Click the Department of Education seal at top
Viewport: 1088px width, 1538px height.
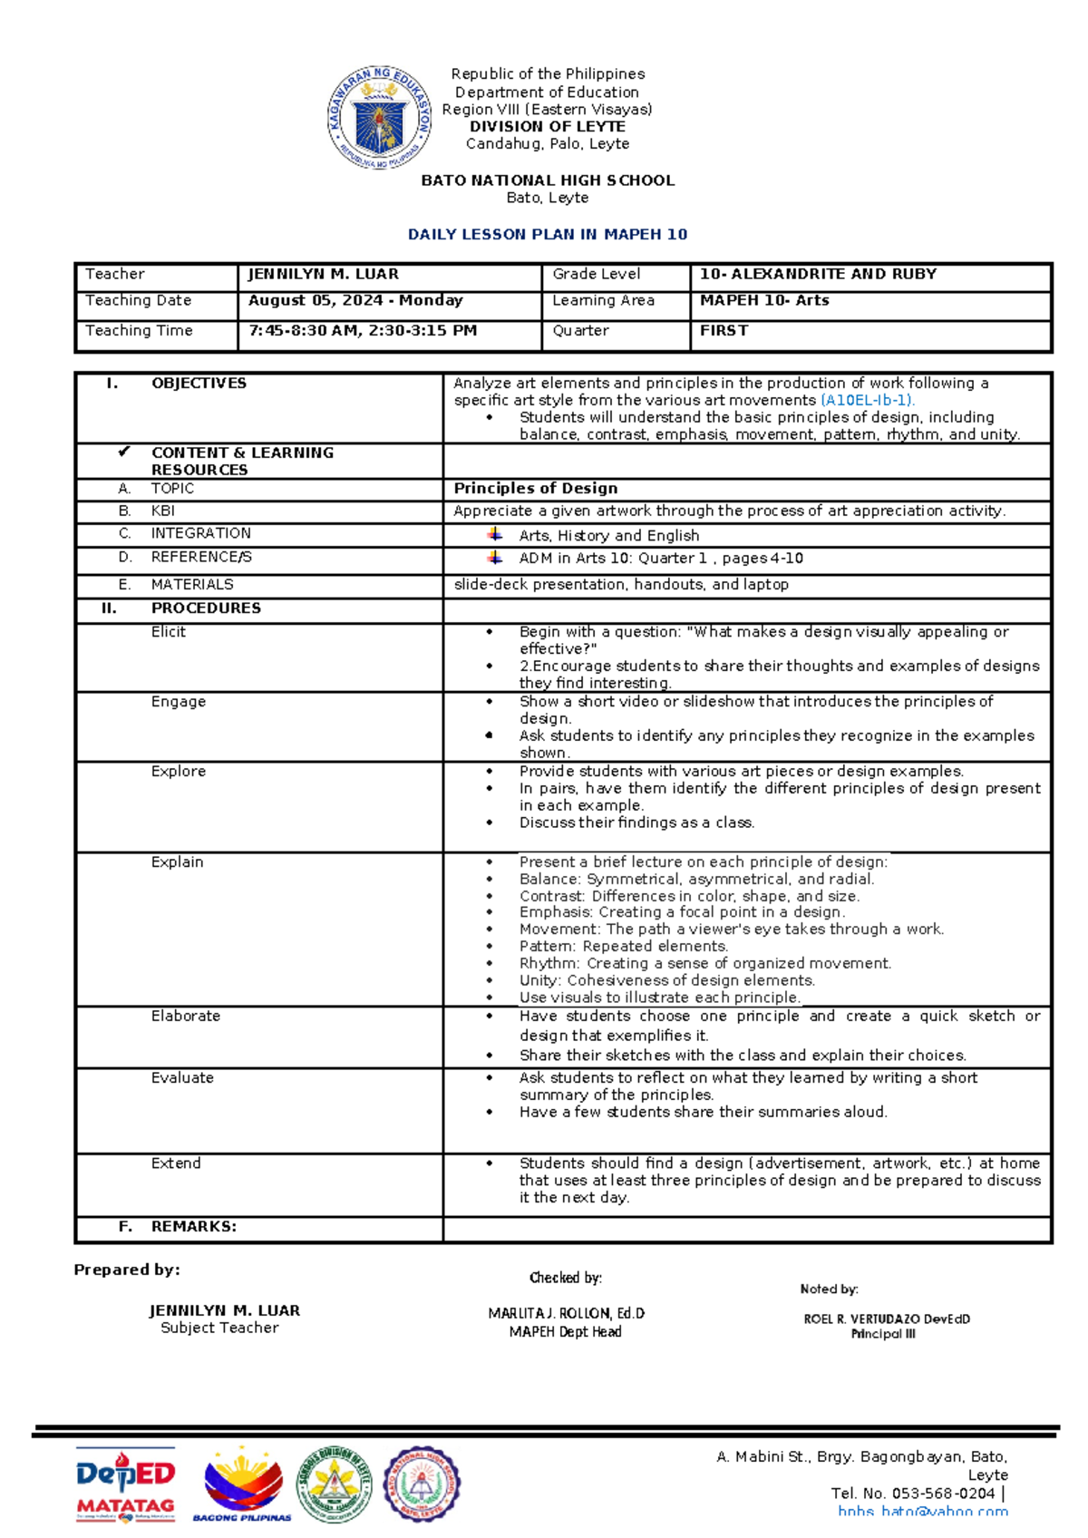379,118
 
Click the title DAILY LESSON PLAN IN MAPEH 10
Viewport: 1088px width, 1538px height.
548,234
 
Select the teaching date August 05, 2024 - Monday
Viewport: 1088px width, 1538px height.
355,300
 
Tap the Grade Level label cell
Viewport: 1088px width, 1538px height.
597,274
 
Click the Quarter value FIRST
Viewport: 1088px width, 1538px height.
724,331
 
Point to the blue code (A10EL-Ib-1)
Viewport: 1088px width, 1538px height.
868,400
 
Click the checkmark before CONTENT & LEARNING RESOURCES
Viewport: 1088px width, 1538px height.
124,452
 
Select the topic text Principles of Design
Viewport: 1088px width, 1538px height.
536,488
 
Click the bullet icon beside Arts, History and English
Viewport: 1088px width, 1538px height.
494,534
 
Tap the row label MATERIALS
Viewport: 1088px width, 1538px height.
191,585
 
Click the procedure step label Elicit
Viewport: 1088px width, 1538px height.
169,632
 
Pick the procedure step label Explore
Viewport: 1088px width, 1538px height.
179,771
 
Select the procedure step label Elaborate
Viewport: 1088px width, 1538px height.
186,1016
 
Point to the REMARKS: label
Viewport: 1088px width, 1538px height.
193,1226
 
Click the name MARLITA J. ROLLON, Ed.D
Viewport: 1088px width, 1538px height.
566,1313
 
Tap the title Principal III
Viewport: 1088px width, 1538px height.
882,1334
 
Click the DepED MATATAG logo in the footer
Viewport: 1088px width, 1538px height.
125,1484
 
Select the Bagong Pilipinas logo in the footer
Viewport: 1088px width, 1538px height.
242,1484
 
